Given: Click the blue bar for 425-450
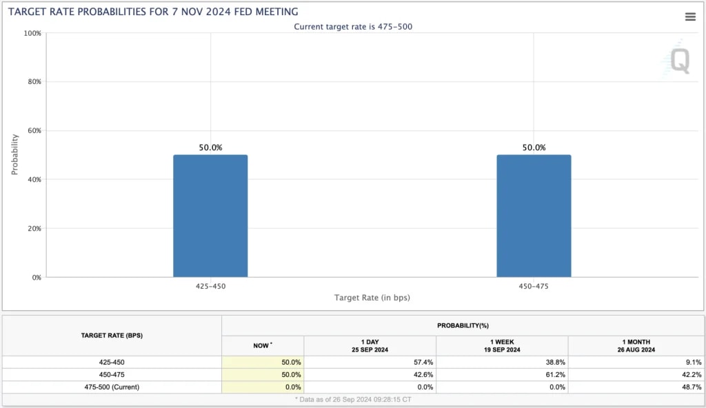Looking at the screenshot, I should (x=210, y=216).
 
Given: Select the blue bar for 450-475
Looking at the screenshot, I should (x=534, y=216).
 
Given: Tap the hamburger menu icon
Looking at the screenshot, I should (x=690, y=17).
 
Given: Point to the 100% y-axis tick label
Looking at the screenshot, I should (x=32, y=33).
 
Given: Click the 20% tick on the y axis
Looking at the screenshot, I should (x=33, y=228).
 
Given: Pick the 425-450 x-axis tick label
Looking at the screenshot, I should (x=210, y=285).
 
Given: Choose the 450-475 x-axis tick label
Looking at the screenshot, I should (x=534, y=285).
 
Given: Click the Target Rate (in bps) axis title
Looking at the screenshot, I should (x=372, y=298).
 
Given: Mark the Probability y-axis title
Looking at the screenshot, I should (x=15, y=154).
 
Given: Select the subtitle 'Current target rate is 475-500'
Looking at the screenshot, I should (x=353, y=26).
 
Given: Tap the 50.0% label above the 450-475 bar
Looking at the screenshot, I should (x=534, y=147).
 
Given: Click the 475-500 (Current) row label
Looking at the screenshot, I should (x=112, y=387).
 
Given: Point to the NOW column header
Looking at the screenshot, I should (x=263, y=345).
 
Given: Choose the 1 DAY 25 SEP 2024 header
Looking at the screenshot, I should (x=370, y=345).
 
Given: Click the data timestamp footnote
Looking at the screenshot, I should (x=353, y=399).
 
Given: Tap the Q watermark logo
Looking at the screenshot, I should (x=678, y=61).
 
